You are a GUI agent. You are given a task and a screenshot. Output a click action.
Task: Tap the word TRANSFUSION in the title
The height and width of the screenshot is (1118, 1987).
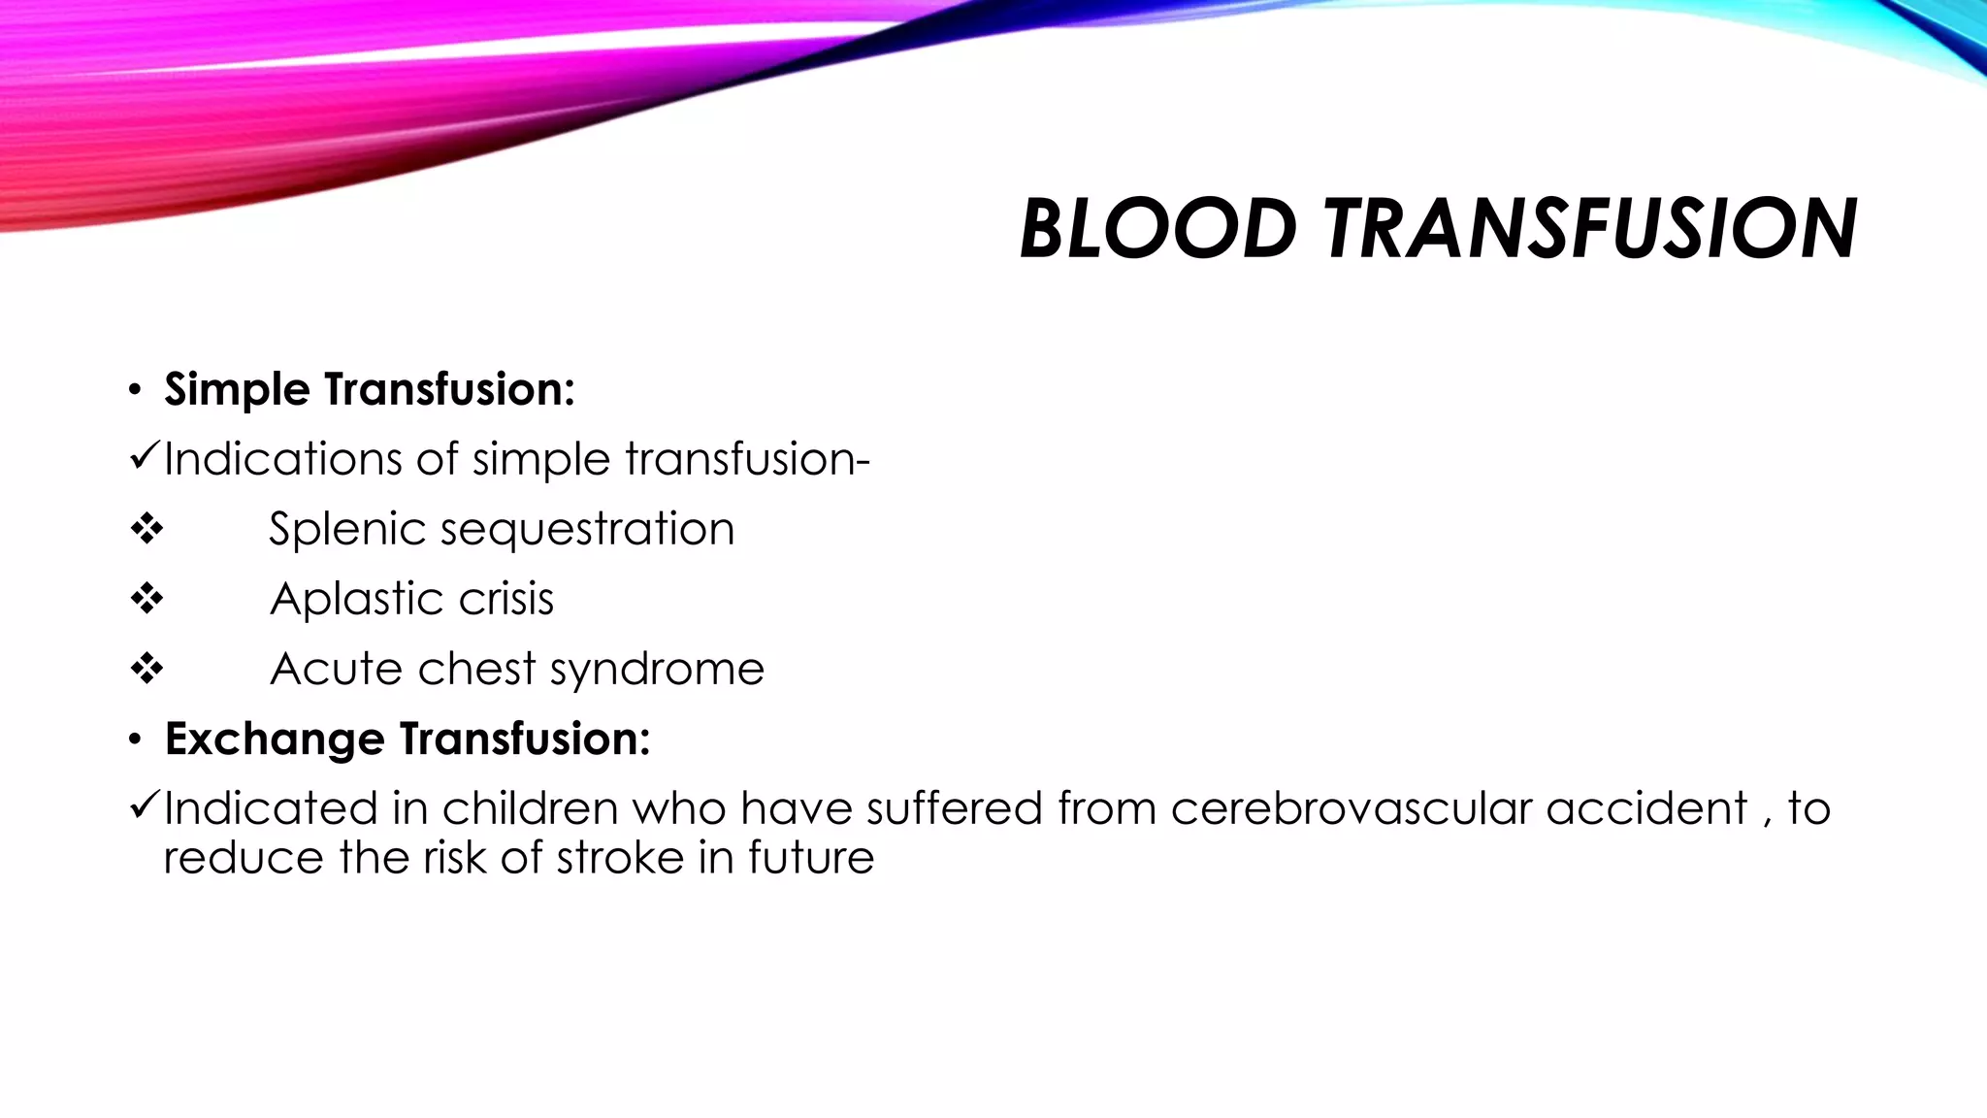(x=1590, y=229)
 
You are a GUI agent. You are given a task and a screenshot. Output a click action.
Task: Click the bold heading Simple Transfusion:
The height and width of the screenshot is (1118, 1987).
(x=370, y=389)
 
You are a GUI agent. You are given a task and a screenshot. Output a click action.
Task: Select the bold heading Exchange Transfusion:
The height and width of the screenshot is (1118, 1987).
(x=407, y=739)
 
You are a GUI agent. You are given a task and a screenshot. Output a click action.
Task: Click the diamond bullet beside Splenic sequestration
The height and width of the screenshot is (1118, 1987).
(x=147, y=530)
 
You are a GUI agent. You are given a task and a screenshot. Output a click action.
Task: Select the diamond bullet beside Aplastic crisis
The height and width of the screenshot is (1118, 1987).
(x=147, y=600)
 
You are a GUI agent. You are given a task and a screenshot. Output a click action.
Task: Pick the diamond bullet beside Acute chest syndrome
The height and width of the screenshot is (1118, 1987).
(x=147, y=670)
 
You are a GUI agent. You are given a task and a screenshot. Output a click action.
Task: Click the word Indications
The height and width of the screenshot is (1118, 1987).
(x=282, y=459)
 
